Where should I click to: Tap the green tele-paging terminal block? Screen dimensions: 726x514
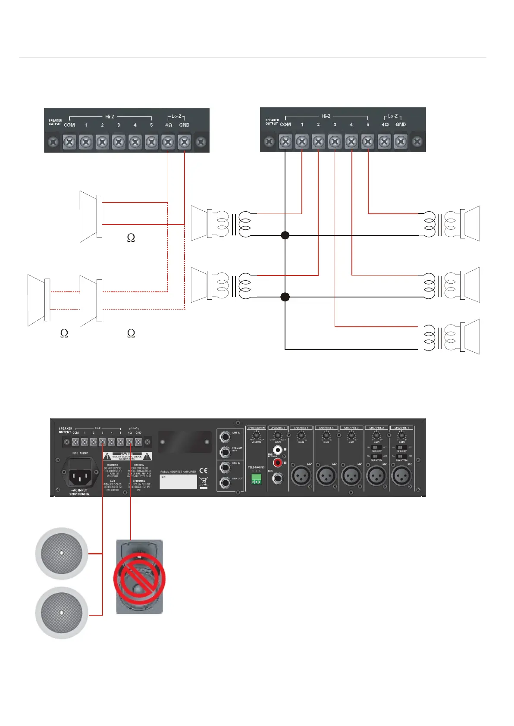click(x=256, y=479)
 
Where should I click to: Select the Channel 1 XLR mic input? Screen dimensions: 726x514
click(x=401, y=476)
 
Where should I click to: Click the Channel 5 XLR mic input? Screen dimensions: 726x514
click(x=301, y=476)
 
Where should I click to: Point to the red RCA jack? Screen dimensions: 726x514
click(x=278, y=463)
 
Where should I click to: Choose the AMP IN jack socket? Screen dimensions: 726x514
click(x=225, y=437)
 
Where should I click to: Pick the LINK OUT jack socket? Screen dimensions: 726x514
click(x=225, y=482)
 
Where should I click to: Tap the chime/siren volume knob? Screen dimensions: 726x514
click(x=257, y=435)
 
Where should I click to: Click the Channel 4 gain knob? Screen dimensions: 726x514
click(x=326, y=435)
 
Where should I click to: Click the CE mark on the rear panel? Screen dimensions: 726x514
click(x=203, y=470)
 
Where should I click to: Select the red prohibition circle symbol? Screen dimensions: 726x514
click(x=139, y=579)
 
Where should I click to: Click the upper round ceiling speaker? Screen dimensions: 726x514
click(x=62, y=553)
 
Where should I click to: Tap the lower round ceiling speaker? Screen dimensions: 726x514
click(x=62, y=612)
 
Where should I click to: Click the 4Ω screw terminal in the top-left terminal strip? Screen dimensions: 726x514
click(x=168, y=141)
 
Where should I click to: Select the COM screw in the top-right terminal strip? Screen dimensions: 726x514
click(x=285, y=141)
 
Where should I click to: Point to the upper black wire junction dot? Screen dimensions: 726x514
click(x=285, y=235)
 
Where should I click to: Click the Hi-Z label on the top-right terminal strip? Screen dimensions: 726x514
click(x=326, y=116)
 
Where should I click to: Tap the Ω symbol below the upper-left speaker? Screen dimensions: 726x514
click(x=131, y=238)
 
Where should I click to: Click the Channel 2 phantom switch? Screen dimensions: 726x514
click(x=376, y=456)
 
